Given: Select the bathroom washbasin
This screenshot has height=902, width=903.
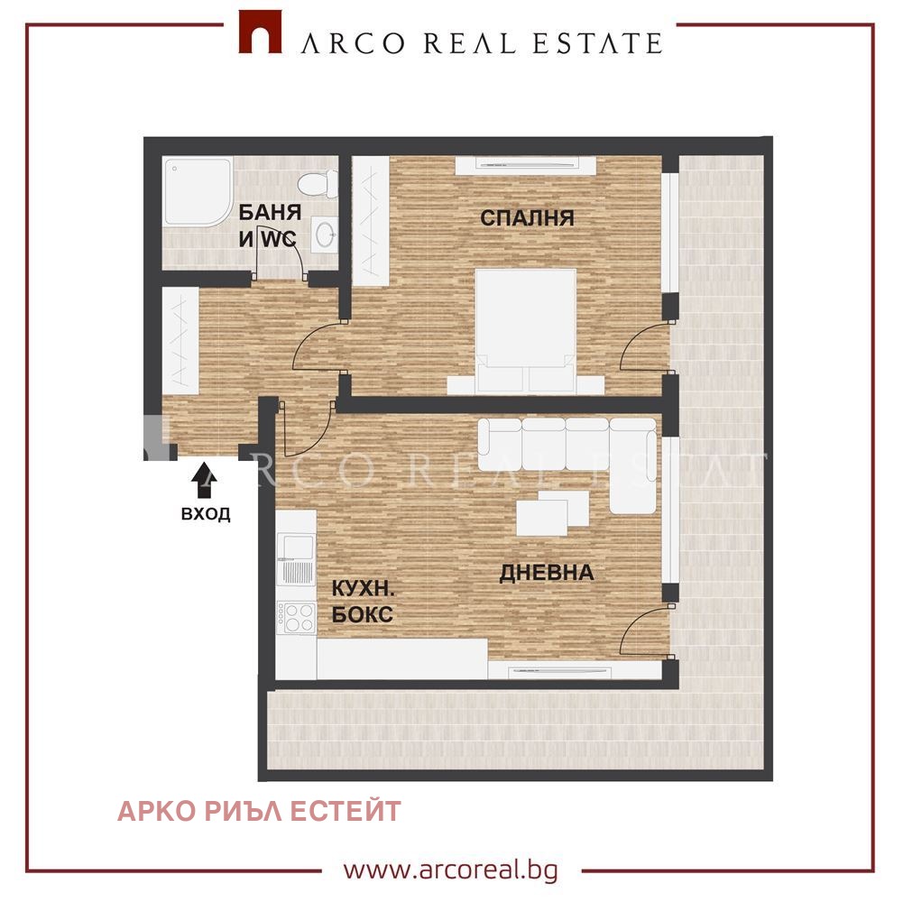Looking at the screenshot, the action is pyautogui.click(x=325, y=235).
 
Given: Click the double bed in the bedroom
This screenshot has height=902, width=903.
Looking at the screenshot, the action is pyautogui.click(x=526, y=331).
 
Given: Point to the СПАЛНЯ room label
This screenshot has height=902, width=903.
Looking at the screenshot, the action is pyautogui.click(x=527, y=217).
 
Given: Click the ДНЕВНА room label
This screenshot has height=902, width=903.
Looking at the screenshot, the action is pyautogui.click(x=547, y=573).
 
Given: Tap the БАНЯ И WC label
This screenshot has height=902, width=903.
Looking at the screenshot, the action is pyautogui.click(x=270, y=225).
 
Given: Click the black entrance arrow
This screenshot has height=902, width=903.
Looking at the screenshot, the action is pyautogui.click(x=205, y=482).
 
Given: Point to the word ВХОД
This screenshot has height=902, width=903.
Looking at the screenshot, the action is pyautogui.click(x=206, y=513).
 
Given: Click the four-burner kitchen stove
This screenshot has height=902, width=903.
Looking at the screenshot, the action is pyautogui.click(x=296, y=617).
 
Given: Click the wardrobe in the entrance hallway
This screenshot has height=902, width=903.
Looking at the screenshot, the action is pyautogui.click(x=180, y=340).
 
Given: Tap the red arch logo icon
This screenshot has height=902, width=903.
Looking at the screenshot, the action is pyautogui.click(x=261, y=32).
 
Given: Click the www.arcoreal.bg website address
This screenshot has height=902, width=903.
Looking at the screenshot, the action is pyautogui.click(x=451, y=870).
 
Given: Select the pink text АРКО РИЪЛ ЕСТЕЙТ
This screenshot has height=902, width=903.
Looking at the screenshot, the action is pyautogui.click(x=259, y=811).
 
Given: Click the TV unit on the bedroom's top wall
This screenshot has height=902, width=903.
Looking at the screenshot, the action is pyautogui.click(x=526, y=165).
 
